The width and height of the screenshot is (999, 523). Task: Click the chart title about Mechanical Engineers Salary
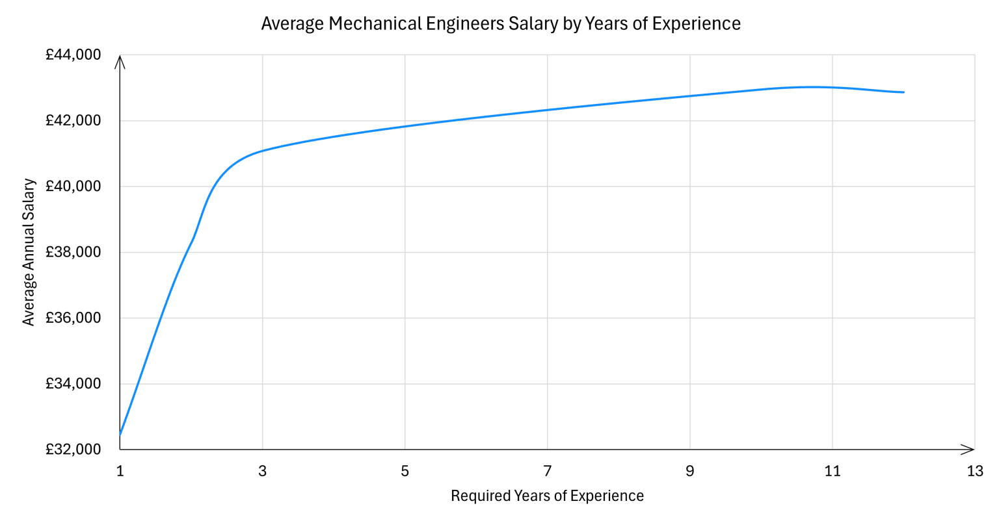click(x=500, y=24)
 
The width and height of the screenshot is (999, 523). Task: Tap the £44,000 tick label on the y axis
click(x=73, y=55)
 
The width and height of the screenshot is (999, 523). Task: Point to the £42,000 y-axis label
click(x=73, y=121)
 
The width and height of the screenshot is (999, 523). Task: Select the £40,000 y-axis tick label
click(x=73, y=186)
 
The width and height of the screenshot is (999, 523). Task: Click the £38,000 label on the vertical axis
click(x=73, y=252)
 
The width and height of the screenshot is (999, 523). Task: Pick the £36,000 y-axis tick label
click(x=73, y=318)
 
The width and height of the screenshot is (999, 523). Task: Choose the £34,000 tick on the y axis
click(x=73, y=384)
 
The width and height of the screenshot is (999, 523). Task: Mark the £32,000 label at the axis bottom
click(x=73, y=450)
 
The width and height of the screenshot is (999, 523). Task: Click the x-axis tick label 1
click(x=120, y=472)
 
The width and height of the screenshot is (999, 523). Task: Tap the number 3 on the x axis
click(x=263, y=472)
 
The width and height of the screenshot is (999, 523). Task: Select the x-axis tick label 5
click(x=405, y=472)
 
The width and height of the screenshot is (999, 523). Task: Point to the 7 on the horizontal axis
click(x=548, y=472)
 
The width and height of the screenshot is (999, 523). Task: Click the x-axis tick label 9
click(x=690, y=472)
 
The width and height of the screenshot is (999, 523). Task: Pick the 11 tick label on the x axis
click(x=832, y=472)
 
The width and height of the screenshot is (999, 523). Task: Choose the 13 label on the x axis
click(x=975, y=472)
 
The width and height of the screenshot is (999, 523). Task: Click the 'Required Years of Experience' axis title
click(x=547, y=496)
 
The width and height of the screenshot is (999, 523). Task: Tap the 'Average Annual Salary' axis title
click(x=29, y=252)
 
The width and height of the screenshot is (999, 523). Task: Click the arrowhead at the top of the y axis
click(x=120, y=60)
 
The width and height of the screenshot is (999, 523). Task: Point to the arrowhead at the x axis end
click(x=970, y=449)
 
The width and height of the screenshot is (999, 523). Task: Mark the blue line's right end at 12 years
click(x=903, y=92)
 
